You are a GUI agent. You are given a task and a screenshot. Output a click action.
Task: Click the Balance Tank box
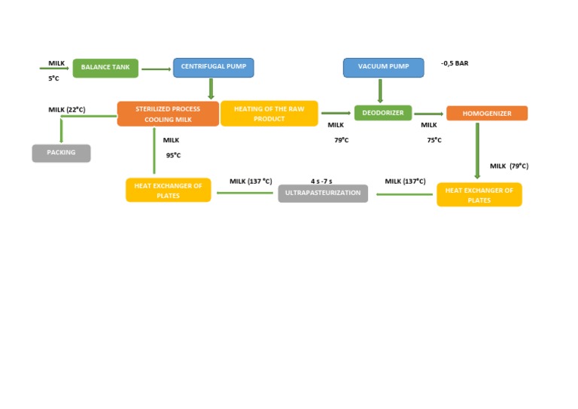(106, 68)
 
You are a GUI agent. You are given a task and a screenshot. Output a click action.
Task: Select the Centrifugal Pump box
(214, 68)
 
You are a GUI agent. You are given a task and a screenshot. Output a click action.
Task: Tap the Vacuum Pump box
(383, 68)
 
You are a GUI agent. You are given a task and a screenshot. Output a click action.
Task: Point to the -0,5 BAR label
(455, 64)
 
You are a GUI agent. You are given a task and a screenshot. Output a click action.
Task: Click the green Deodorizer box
(383, 113)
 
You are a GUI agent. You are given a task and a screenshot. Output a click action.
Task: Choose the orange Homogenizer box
(486, 114)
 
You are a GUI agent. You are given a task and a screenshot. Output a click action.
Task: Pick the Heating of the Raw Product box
(269, 114)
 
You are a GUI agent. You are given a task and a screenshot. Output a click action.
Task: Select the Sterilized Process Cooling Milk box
(168, 114)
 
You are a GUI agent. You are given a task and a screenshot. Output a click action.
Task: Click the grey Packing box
(61, 153)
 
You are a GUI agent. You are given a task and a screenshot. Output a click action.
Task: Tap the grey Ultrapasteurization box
(323, 194)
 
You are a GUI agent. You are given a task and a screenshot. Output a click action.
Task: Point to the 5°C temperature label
(53, 78)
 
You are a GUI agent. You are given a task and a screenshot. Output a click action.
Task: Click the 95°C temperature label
(173, 156)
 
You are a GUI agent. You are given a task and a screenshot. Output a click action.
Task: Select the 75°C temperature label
(434, 140)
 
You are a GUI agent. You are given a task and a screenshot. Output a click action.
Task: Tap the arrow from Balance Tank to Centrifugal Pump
(157, 69)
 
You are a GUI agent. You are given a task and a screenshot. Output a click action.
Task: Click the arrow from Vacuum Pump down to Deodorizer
(380, 91)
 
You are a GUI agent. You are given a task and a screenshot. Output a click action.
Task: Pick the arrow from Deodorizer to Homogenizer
(429, 114)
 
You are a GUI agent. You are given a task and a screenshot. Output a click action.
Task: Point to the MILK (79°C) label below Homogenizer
(509, 166)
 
